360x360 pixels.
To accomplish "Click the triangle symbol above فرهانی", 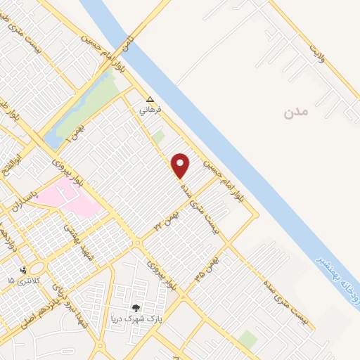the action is point(149,99).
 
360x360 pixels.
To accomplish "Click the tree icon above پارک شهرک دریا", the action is point(136,307).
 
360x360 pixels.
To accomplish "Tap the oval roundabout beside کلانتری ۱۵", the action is point(37,269).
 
